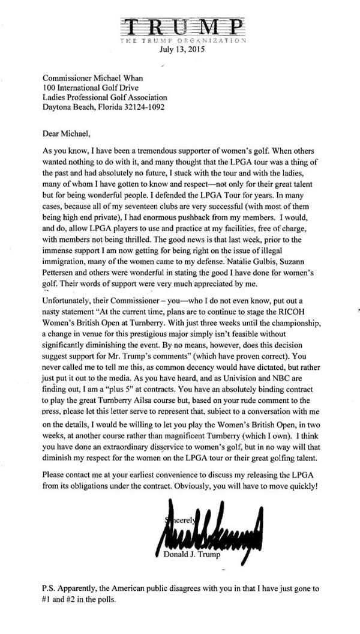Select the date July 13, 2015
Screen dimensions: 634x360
tap(181, 50)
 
